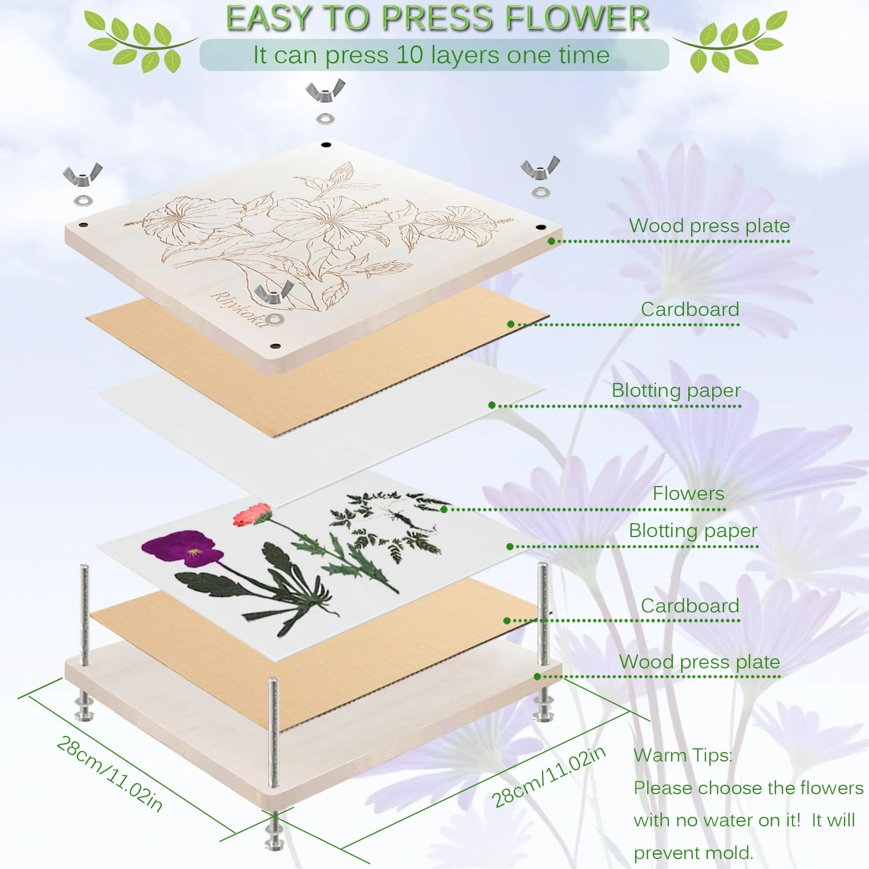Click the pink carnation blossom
252,515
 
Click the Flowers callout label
688,493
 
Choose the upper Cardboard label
690,309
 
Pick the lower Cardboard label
690,606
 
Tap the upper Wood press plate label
709,226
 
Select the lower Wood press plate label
699,662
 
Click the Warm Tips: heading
683,755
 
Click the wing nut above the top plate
325,90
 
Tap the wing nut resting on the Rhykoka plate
274,292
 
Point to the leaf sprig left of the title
141,42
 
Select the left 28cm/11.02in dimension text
110,774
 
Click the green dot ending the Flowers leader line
444,509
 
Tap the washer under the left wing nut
83,200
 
